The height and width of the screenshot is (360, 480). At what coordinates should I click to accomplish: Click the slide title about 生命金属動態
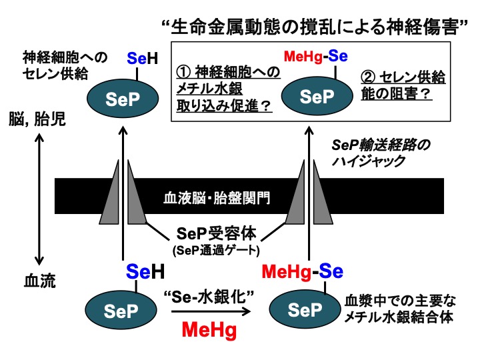pyautogui.click(x=313, y=28)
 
